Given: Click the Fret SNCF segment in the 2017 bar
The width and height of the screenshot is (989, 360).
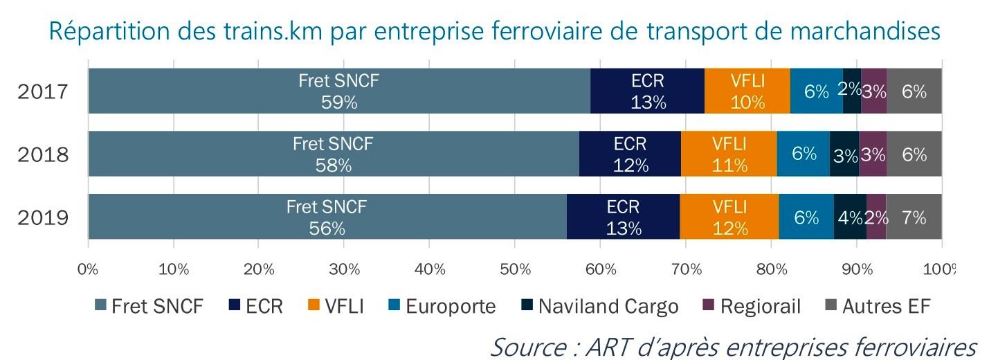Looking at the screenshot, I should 339,91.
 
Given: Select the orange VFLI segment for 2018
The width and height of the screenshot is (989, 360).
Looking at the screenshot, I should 729,154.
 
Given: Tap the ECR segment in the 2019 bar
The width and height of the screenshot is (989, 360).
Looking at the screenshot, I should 623,217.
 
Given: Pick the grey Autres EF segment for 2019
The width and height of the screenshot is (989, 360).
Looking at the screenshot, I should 914,217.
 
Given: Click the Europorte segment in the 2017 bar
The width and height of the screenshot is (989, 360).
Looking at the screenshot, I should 817,91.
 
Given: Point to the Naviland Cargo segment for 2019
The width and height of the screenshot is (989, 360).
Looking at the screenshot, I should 850,217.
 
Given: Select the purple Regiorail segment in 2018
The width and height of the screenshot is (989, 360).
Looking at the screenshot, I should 873,154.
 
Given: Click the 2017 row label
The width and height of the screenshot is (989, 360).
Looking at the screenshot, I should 43,91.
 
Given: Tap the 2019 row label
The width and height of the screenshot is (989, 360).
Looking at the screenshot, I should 43,218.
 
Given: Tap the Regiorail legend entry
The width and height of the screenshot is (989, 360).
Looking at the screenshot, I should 760,306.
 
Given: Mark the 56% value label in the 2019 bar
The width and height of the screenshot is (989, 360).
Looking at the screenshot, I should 327,228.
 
